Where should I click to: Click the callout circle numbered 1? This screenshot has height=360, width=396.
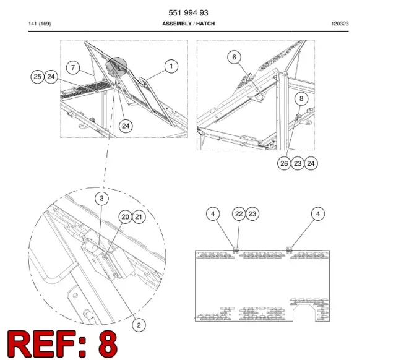(171, 66)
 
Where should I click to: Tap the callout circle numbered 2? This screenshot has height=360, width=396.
(139, 325)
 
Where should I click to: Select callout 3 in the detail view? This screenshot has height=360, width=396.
(101, 199)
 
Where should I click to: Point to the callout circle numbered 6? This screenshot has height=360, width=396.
(234, 57)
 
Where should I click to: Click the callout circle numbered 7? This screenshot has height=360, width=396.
(73, 67)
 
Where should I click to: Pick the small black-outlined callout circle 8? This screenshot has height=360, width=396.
(301, 98)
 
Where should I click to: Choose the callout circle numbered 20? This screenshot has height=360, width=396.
(126, 217)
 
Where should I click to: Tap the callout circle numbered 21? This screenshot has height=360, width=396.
(139, 217)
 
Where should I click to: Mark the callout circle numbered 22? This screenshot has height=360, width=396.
(239, 214)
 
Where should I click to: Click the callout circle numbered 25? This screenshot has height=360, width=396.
(37, 77)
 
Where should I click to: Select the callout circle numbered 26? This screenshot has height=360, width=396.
(284, 163)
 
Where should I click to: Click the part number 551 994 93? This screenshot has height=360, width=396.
(188, 12)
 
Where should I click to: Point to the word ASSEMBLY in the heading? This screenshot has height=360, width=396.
(177, 24)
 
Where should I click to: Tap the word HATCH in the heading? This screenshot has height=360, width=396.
(205, 24)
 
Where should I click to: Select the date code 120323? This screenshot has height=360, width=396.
(340, 24)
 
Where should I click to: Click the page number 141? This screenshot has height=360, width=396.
(33, 24)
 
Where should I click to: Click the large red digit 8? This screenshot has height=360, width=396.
(108, 343)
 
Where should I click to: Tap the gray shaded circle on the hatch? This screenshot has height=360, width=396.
(116, 67)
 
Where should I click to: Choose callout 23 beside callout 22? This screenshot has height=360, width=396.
(252, 214)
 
